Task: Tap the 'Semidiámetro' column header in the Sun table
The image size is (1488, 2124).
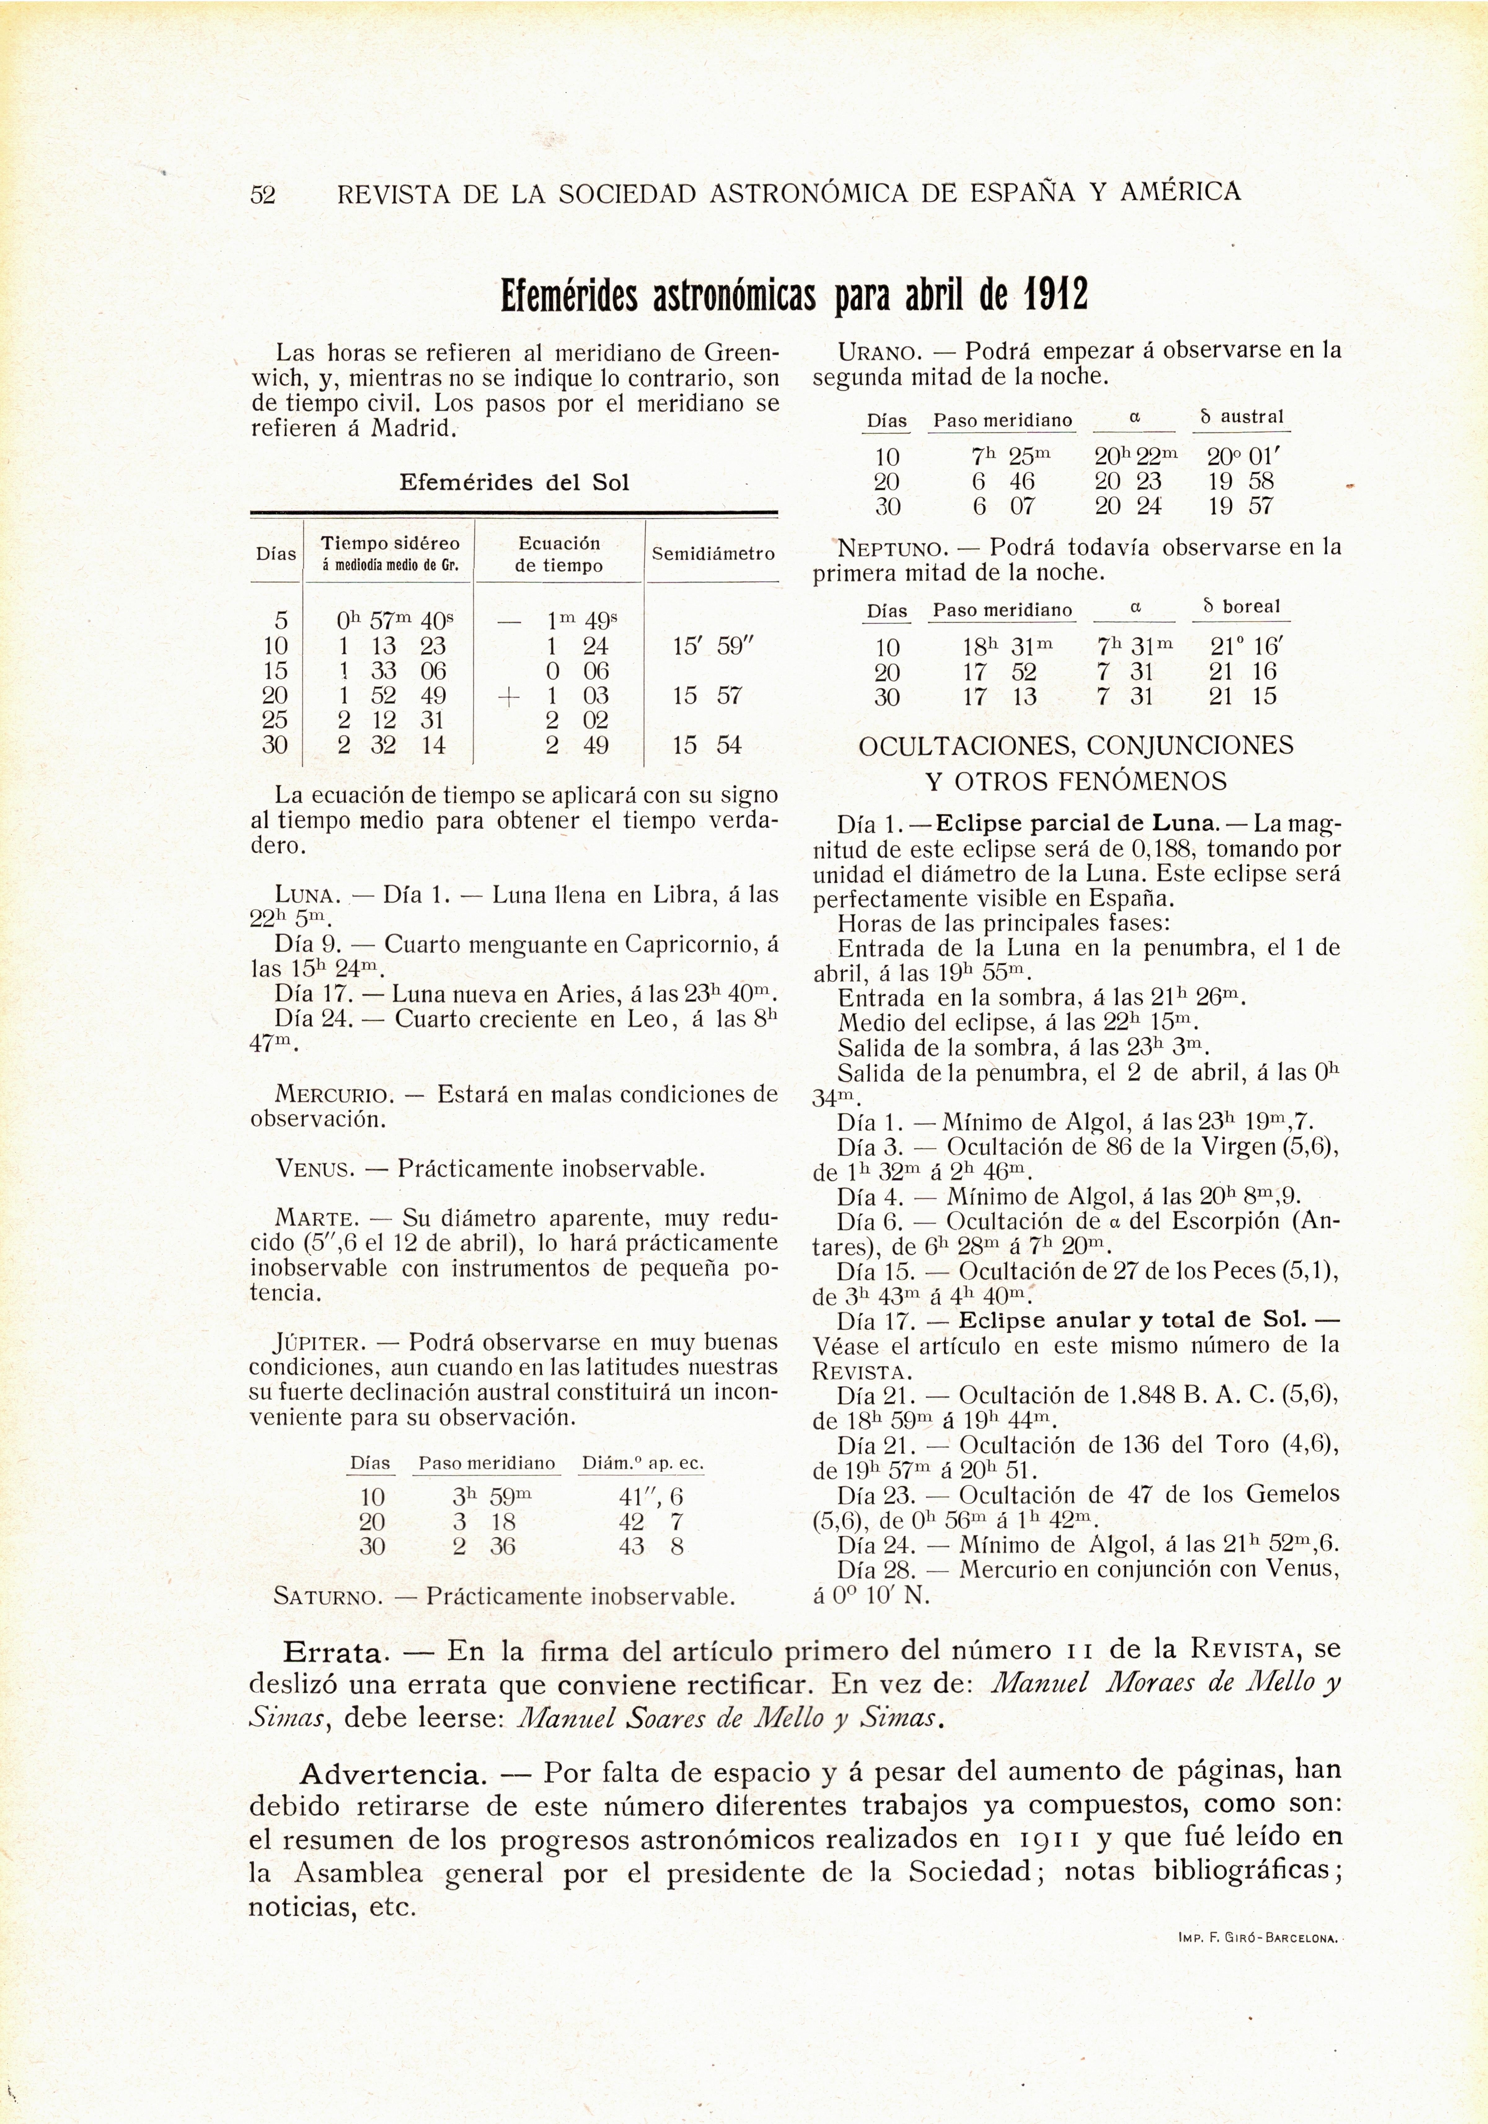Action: (x=712, y=554)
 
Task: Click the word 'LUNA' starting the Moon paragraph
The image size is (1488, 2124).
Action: (x=308, y=896)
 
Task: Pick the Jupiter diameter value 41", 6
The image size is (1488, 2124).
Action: (x=651, y=1497)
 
